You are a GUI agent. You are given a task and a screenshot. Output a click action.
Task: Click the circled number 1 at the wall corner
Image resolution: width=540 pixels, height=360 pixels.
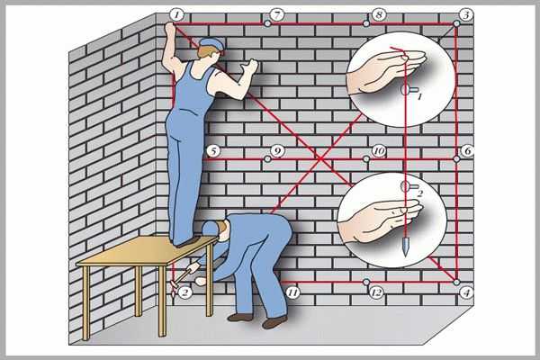pos(176,15)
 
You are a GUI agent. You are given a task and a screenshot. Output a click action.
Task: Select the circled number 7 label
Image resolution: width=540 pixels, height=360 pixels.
pos(276,15)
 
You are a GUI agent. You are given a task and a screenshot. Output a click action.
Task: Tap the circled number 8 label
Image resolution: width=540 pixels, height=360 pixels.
pos(379,15)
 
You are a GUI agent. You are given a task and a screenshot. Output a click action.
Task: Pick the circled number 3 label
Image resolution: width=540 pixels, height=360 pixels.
pos(466,15)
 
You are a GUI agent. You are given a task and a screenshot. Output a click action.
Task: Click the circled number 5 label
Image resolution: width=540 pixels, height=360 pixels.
pos(214,151)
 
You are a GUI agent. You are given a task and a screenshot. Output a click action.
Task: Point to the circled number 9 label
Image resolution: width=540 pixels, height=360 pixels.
pos(276,151)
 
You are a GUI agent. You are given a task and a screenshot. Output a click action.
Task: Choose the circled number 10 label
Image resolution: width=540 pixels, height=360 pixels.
pos(379,151)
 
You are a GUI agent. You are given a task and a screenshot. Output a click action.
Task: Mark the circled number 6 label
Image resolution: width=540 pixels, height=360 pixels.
pos(467,151)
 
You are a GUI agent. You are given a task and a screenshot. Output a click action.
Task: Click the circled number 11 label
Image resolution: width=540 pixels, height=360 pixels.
pos(292,292)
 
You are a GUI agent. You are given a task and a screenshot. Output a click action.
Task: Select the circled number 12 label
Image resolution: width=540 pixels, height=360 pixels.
pos(376,292)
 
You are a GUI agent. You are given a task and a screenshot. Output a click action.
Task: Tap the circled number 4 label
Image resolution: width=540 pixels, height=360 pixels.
pos(466,292)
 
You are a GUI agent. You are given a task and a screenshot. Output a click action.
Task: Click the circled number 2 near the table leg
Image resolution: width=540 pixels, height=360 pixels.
pos(184,292)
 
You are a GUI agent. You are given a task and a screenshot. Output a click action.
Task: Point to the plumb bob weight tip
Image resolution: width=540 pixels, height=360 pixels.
pos(406,256)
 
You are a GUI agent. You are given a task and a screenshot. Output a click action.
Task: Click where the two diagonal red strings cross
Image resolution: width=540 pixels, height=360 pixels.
pos(320,158)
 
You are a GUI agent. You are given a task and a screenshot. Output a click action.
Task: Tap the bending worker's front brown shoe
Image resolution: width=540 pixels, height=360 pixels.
pos(240,318)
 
